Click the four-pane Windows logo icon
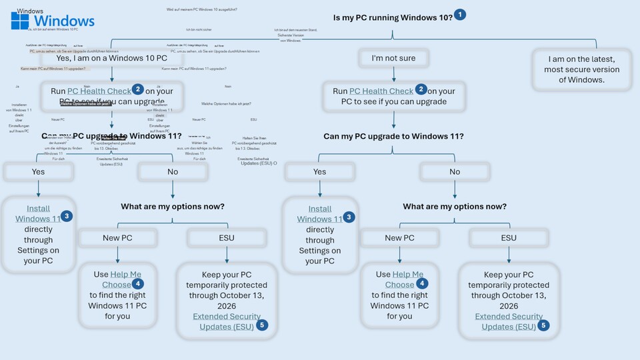pos(19,21)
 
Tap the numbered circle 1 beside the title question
pos(460,15)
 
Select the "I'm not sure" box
pos(393,58)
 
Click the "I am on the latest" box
pos(581,69)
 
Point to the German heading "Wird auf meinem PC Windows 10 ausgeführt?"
pos(201,9)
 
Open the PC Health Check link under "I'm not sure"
pos(381,91)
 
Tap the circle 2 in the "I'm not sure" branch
pos(421,89)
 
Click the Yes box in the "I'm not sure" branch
pos(319,171)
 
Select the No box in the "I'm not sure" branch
pos(455,171)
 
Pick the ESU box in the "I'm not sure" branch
pos(508,237)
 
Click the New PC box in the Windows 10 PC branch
pos(117,237)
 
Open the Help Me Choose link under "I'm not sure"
pos(399,279)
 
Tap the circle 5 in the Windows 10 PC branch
pos(262,325)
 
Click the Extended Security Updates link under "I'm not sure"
pos(509,321)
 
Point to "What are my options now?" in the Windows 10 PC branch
pos(173,207)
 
